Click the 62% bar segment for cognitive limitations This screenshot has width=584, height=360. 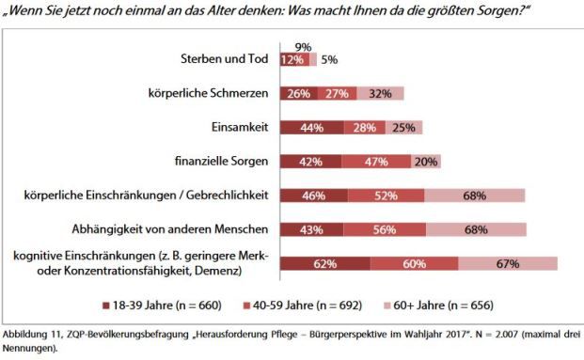click(324, 264)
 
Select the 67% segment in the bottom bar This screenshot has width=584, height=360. click(508, 264)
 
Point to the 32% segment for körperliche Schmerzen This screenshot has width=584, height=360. click(381, 93)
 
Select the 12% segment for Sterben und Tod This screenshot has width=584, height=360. click(291, 59)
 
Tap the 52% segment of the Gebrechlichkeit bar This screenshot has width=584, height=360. click(384, 195)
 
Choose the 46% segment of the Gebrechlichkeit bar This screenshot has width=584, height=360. click(314, 195)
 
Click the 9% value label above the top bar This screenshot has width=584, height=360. click(303, 45)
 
